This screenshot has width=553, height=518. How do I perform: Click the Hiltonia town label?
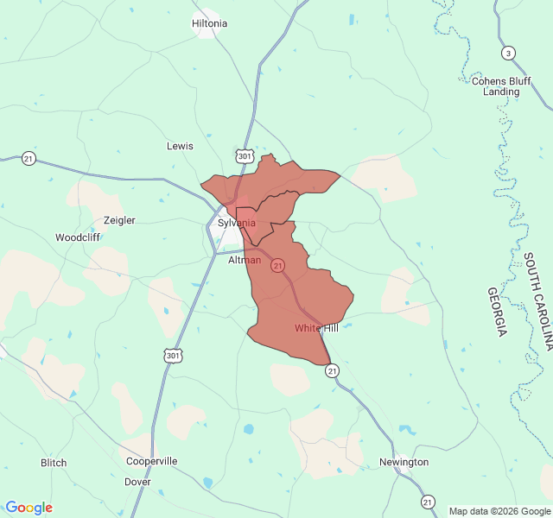[x=210, y=23]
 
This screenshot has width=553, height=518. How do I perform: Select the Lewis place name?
[x=180, y=146]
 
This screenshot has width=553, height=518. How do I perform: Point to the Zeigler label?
[x=119, y=220]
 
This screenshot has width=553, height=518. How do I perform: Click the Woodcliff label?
[x=78, y=237]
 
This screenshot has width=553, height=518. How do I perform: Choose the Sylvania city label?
[x=236, y=223]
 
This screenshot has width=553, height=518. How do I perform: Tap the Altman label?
[x=245, y=260]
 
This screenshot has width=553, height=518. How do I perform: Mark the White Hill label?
[x=316, y=328]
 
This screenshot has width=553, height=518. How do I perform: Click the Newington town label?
[x=404, y=462]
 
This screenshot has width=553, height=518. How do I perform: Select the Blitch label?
[x=54, y=463]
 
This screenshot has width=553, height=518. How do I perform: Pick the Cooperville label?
[x=151, y=461]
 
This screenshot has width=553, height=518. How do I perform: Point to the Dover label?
[x=137, y=482]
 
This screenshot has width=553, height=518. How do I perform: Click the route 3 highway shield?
[x=508, y=53]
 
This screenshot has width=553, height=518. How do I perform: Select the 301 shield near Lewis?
[x=245, y=155]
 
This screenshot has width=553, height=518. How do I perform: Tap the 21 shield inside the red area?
[x=277, y=266]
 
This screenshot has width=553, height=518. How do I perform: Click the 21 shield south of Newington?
[x=428, y=502]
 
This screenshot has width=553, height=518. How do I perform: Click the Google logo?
[x=29, y=508]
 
